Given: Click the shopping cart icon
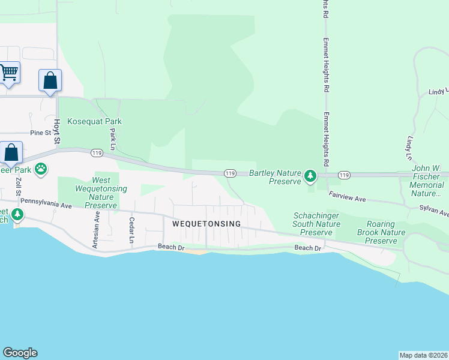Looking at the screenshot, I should click(x=8, y=73).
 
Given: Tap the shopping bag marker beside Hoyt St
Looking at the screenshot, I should click(x=50, y=81).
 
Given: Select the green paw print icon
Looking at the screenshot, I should click(x=41, y=169).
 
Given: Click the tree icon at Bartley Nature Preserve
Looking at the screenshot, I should click(x=310, y=176).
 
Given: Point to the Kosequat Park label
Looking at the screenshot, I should click(x=95, y=121).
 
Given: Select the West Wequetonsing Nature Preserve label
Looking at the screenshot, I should click(x=101, y=193).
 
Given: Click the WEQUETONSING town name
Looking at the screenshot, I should click(x=206, y=224).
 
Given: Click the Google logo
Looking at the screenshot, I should click(x=20, y=353).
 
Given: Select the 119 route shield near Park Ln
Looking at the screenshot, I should click(x=96, y=154).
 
